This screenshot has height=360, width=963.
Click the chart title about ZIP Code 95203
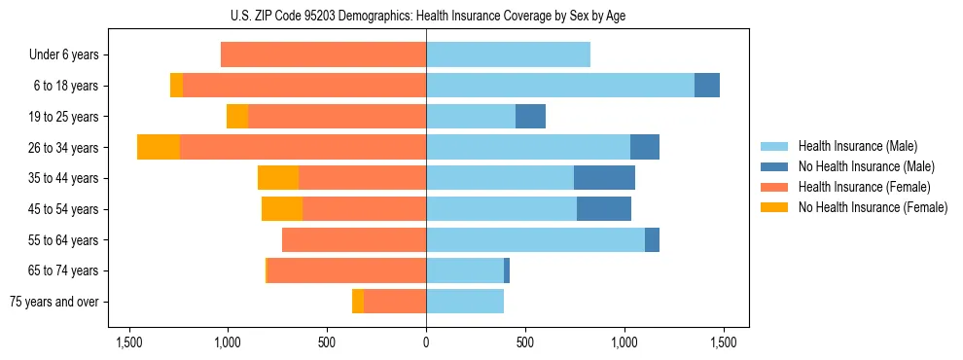click(x=426, y=16)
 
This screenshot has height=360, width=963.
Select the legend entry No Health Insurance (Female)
click(x=872, y=207)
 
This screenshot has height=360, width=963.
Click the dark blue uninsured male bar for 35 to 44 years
click(x=604, y=178)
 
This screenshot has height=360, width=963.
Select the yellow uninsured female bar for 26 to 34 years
click(x=159, y=147)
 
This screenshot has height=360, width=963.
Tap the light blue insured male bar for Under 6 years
click(x=508, y=54)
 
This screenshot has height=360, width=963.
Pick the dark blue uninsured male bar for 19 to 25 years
click(x=530, y=116)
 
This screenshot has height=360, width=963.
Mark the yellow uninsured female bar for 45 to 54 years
click(x=282, y=208)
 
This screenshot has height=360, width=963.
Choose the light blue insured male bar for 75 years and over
click(x=465, y=302)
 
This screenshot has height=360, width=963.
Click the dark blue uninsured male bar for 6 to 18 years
click(x=707, y=86)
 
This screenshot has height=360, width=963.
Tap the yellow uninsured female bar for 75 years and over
click(x=358, y=302)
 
